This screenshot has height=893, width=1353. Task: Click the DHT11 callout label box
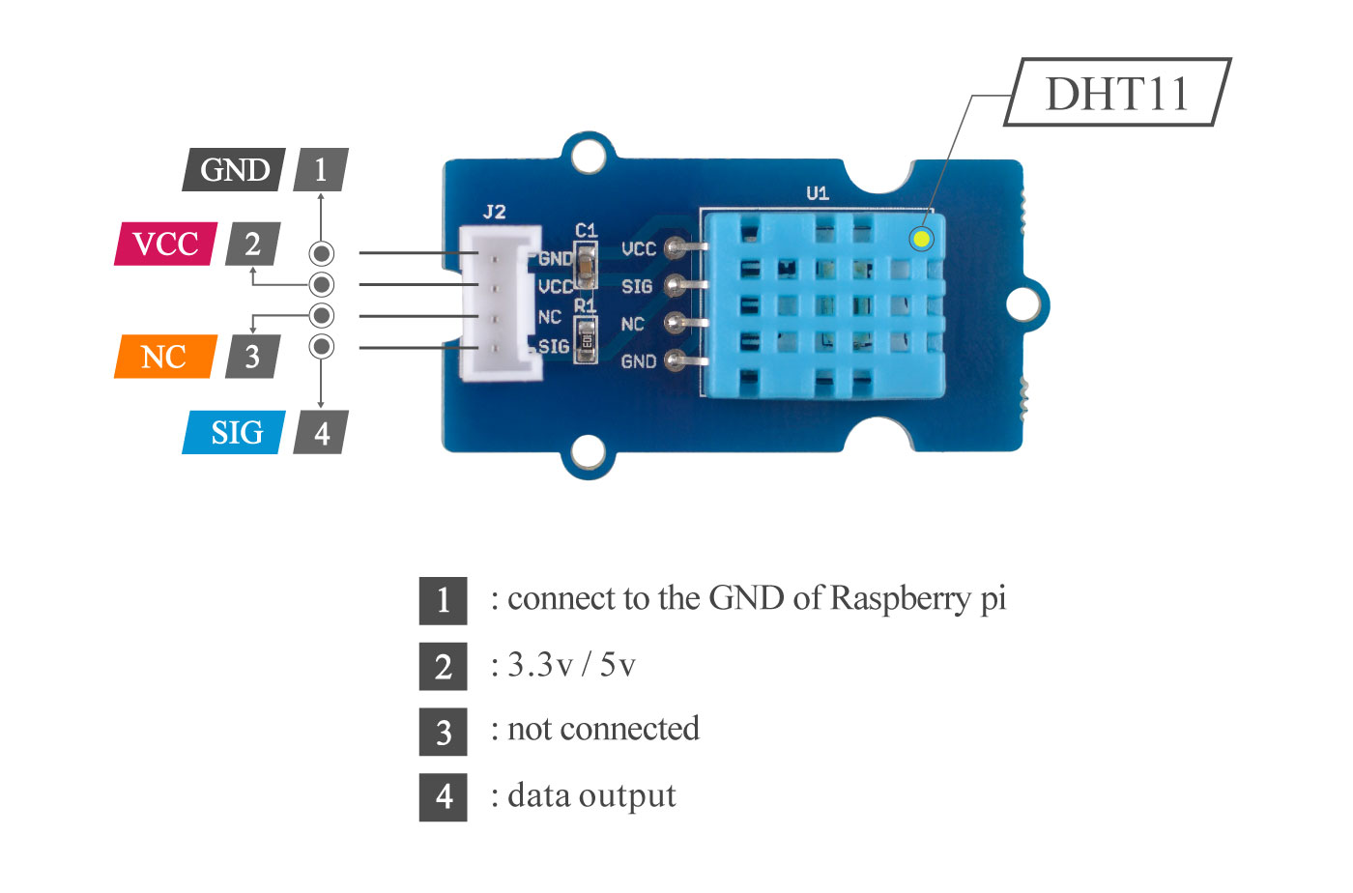[x=1117, y=93]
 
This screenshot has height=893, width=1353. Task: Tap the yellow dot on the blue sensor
[x=922, y=238]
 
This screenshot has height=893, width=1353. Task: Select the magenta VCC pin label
[x=165, y=244]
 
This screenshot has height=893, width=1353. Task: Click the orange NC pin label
[x=163, y=357]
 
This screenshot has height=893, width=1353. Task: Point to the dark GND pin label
[x=234, y=170]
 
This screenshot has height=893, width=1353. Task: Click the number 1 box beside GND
[x=321, y=170]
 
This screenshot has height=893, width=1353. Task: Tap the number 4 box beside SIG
[x=322, y=432]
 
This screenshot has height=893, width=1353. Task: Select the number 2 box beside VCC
[x=252, y=244]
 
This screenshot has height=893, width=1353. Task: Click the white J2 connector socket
[x=499, y=302]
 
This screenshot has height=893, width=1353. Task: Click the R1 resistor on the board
[x=586, y=339]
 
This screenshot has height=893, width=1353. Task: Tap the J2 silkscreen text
[x=494, y=212]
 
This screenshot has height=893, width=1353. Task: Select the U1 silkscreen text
[x=818, y=193]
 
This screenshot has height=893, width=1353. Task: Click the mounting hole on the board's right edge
[x=1022, y=303]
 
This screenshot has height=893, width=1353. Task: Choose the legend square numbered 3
[x=443, y=732]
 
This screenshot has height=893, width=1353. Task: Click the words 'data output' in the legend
[x=591, y=795]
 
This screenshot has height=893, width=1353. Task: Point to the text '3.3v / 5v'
[x=571, y=665]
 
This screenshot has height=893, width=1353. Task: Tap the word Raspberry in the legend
[x=900, y=598]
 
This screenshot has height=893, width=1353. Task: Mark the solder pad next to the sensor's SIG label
[x=676, y=285]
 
